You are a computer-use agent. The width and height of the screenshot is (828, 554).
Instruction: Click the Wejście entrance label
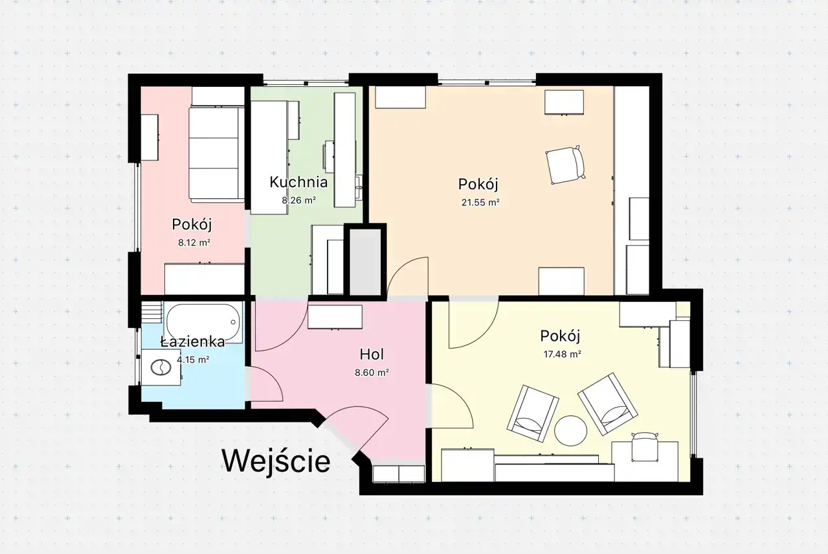pos(276,461)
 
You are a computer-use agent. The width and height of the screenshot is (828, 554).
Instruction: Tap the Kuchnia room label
pos(298,182)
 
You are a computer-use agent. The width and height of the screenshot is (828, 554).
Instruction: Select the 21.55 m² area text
pos(480,202)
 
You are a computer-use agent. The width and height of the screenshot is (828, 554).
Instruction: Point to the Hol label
pos(372,354)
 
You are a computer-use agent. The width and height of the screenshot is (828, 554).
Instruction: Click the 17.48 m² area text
pos(562,354)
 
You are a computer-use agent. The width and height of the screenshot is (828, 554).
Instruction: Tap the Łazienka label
pos(193,341)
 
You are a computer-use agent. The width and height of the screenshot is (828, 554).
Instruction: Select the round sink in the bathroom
pos(161,368)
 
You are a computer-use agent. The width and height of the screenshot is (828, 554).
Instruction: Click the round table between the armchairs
pos(570,430)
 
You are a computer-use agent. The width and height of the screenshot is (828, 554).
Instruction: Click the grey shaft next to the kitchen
pos(365,262)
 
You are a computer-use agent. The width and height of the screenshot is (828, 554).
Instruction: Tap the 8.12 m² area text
pos(194,243)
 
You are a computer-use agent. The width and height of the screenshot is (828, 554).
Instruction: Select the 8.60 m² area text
pos(372,373)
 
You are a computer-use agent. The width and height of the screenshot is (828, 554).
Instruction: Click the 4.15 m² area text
pos(193,360)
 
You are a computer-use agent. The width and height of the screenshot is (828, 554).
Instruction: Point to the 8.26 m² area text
pos(298,200)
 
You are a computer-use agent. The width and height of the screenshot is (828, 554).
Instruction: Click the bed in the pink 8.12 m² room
pos(217,154)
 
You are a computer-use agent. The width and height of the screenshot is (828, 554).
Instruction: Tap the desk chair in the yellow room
pos(645,447)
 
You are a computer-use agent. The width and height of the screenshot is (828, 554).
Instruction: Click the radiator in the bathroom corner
pos(152,312)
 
